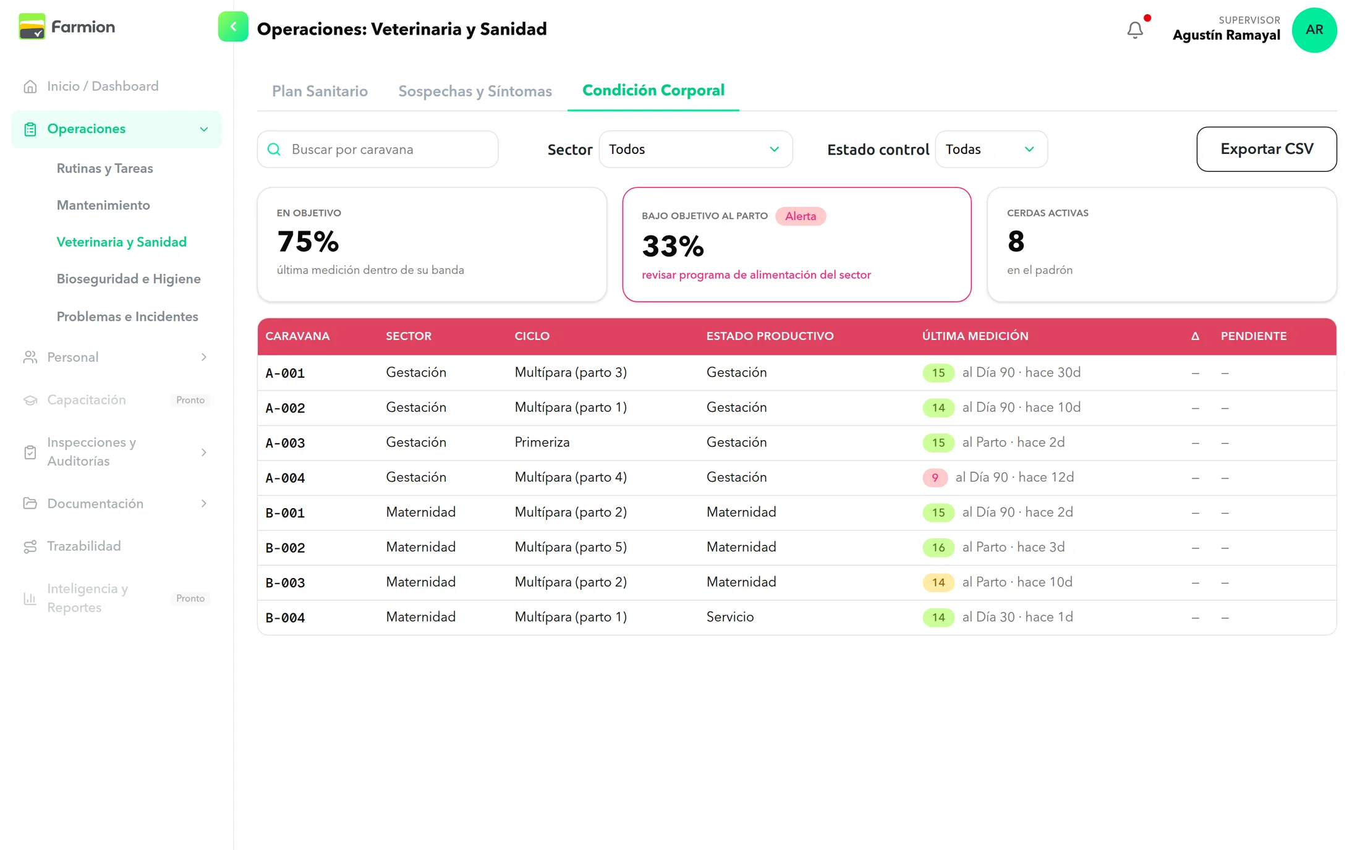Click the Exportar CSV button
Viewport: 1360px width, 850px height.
pyautogui.click(x=1266, y=149)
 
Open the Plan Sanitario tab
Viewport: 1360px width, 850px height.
pyautogui.click(x=320, y=91)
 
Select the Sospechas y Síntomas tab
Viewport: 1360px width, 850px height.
pyautogui.click(x=475, y=91)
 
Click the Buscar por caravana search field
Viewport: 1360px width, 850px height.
pyautogui.click(x=378, y=149)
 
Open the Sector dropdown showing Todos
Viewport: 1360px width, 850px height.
pyautogui.click(x=695, y=149)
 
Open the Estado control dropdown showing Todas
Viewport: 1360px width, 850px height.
pyautogui.click(x=991, y=149)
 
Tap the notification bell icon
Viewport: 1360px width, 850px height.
pyautogui.click(x=1135, y=30)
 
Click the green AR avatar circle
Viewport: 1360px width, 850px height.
pyautogui.click(x=1314, y=30)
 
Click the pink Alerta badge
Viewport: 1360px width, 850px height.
pyautogui.click(x=801, y=216)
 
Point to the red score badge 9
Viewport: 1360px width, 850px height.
pyautogui.click(x=935, y=477)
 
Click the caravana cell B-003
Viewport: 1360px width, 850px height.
pyautogui.click(x=285, y=582)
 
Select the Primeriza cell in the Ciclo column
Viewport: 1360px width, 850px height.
pyautogui.click(x=542, y=442)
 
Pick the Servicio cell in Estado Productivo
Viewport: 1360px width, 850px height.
pyautogui.click(x=730, y=617)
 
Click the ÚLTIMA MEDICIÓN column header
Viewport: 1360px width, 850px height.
pyautogui.click(x=975, y=336)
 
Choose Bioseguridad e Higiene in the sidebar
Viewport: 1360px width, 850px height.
pyautogui.click(x=129, y=279)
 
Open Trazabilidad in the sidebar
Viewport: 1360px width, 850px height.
pyautogui.click(x=84, y=546)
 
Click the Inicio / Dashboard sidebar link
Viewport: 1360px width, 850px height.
pyautogui.click(x=103, y=86)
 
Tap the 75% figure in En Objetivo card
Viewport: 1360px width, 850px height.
pyautogui.click(x=308, y=241)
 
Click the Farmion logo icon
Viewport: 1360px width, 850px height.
pyautogui.click(x=32, y=27)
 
